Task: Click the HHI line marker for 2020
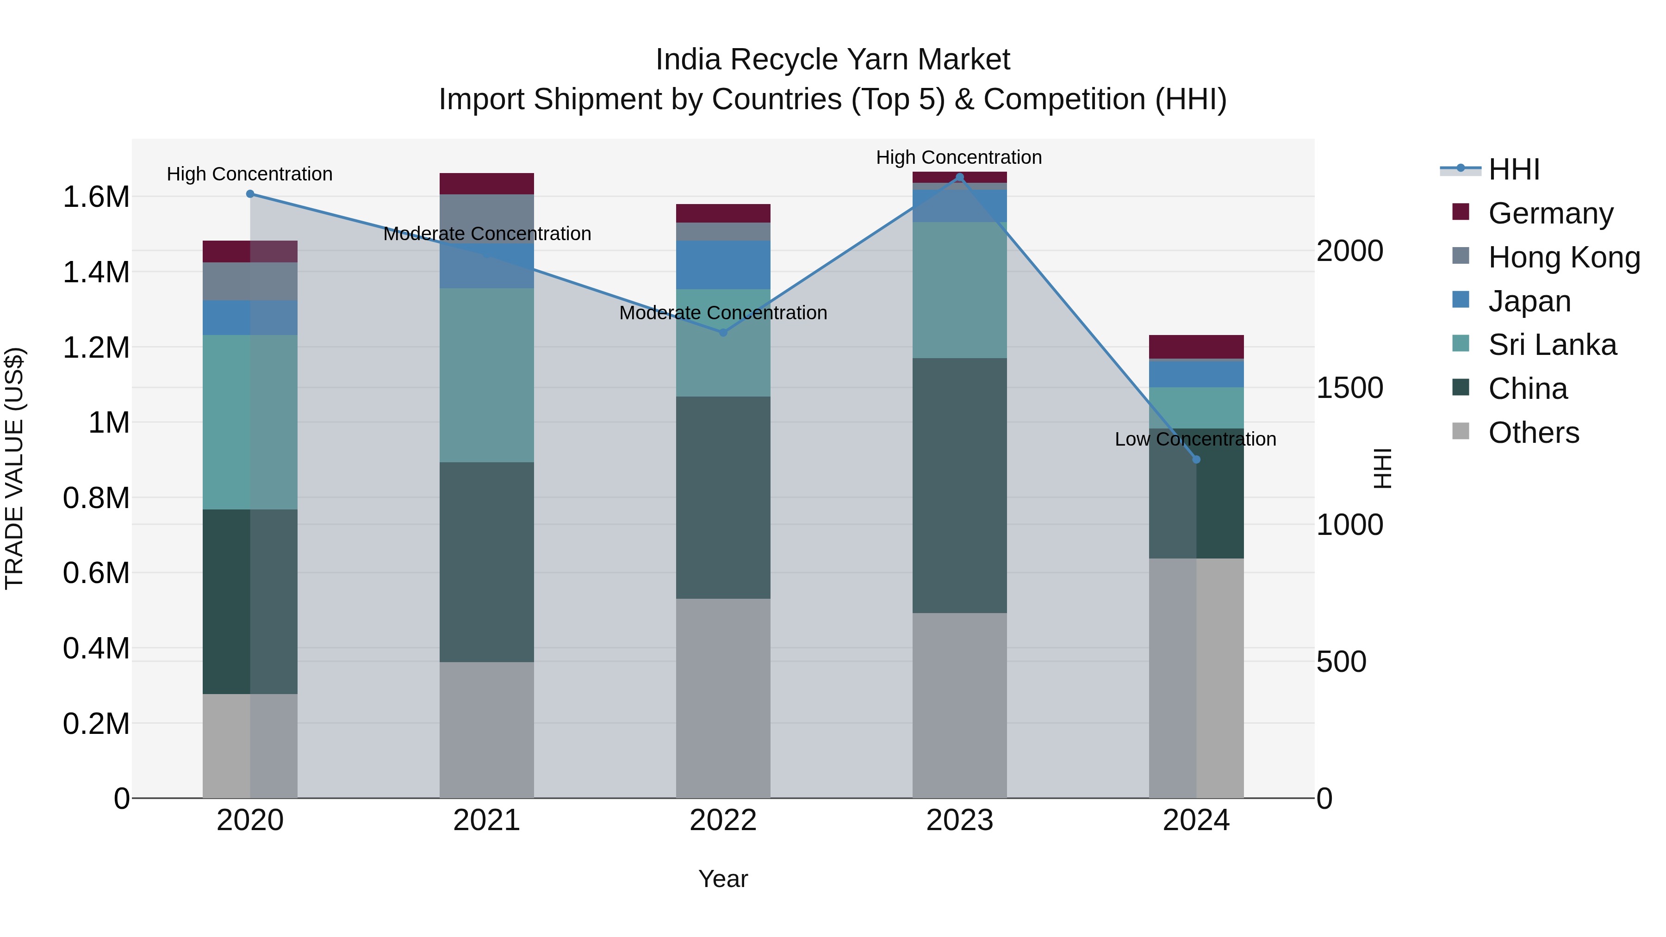(250, 194)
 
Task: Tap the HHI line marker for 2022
(723, 332)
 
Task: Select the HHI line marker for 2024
(1196, 460)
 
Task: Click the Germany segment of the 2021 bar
(486, 184)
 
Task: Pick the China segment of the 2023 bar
(959, 485)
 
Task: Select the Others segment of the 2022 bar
(723, 698)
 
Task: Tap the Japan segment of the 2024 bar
(1196, 374)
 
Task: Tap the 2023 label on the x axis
(959, 820)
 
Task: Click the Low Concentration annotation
(1195, 439)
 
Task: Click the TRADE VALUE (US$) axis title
(14, 468)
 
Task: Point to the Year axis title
(723, 879)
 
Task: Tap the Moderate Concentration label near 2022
(723, 313)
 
